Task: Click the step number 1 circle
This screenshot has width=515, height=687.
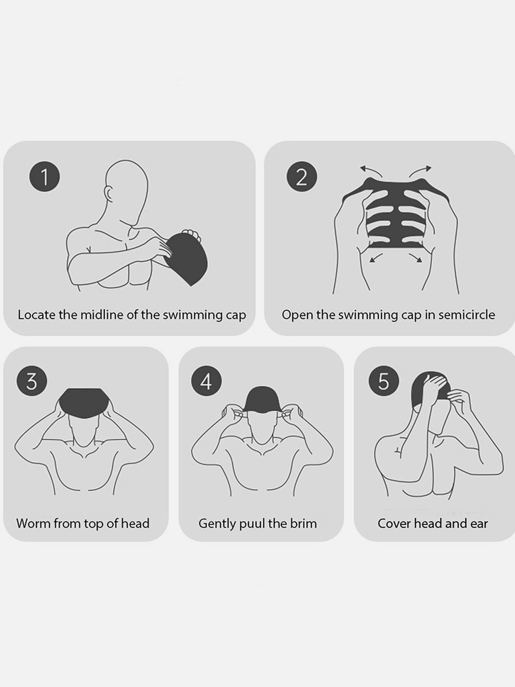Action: tap(44, 178)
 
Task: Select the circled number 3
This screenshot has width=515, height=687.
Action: tap(31, 382)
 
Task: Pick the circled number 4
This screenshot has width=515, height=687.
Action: tap(206, 382)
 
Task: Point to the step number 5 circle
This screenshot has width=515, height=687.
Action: tap(384, 382)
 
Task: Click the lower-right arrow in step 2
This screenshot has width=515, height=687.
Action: tap(415, 258)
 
